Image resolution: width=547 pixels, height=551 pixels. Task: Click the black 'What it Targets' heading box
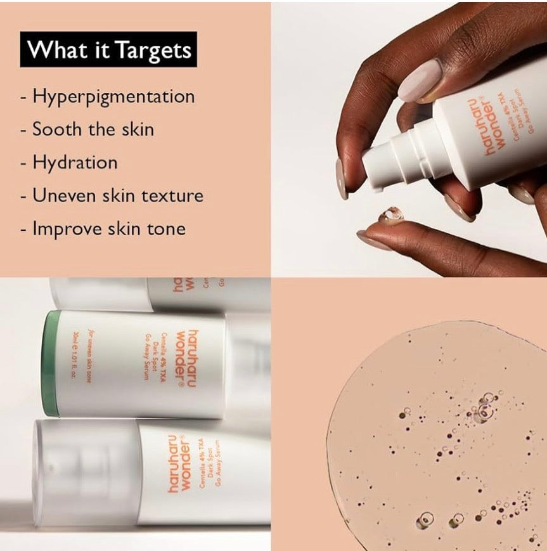(108, 49)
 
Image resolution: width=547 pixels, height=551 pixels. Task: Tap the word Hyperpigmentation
(113, 97)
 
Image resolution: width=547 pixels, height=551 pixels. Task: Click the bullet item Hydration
(75, 162)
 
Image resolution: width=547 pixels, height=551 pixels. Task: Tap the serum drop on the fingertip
(390, 216)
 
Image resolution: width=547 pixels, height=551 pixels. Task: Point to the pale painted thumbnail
(420, 80)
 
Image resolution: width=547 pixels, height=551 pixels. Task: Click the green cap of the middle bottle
(51, 363)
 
